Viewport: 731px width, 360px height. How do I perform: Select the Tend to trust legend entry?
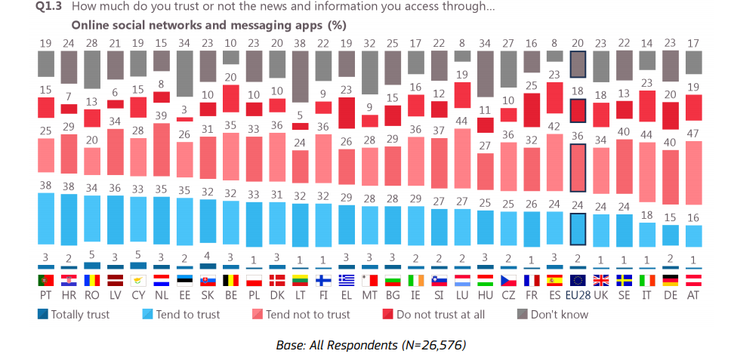tap(184, 314)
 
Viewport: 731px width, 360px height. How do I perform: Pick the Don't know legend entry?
tap(552, 314)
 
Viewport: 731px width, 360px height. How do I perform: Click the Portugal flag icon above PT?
tap(47, 280)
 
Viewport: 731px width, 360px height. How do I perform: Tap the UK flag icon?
tap(601, 280)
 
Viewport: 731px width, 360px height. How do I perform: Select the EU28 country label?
tap(578, 295)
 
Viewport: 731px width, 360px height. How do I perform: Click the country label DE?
tap(671, 295)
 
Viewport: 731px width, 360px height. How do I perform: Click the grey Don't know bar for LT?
tap(301, 76)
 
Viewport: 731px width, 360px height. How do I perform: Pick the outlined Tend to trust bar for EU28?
tap(578, 229)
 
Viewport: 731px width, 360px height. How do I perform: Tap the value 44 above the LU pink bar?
tap(462, 121)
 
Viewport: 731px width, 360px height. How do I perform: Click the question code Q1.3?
tap(51, 7)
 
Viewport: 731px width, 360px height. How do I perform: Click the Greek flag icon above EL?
tap(347, 280)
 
